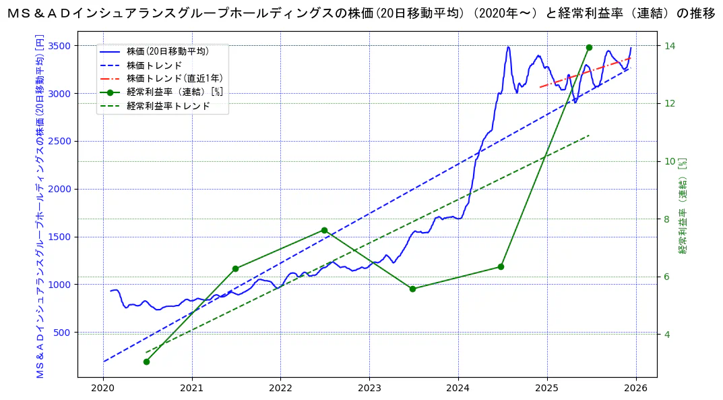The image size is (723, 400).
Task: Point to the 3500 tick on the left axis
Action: pyautogui.click(x=60, y=46)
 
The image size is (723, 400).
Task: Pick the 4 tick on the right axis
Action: pyautogui.click(x=668, y=335)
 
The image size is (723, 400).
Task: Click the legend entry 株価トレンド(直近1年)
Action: pyautogui.click(x=175, y=79)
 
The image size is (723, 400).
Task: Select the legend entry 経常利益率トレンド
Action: pyautogui.click(x=168, y=106)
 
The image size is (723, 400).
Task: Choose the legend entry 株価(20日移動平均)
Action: pyautogui.click(x=168, y=51)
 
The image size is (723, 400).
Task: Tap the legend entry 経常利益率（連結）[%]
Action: pyautogui.click(x=175, y=92)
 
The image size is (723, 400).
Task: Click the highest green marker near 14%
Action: pyautogui.click(x=589, y=47)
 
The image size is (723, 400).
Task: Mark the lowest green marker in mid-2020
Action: pyautogui.click(x=146, y=362)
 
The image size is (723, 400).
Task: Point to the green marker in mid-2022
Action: pyautogui.click(x=324, y=230)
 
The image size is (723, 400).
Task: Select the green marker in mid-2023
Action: pyautogui.click(x=412, y=289)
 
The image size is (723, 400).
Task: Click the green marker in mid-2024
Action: pyautogui.click(x=501, y=266)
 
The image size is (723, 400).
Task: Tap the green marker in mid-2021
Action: pyautogui.click(x=235, y=268)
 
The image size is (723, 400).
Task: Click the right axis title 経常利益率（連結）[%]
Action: pyautogui.click(x=683, y=206)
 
